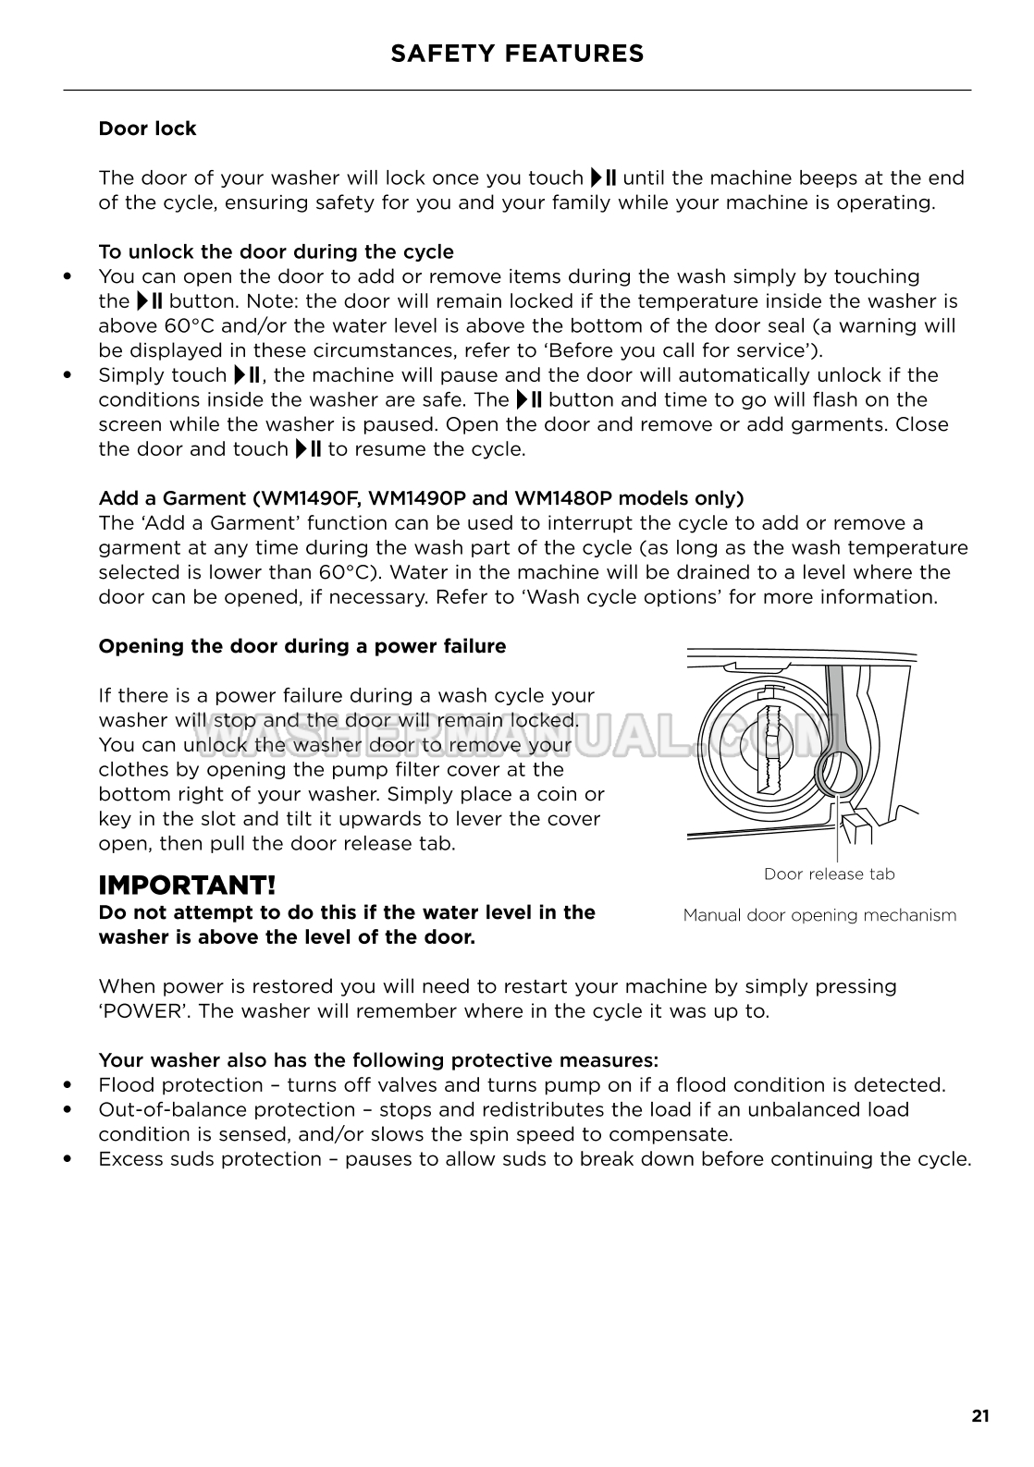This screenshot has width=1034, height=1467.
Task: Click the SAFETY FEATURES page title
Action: [517, 54]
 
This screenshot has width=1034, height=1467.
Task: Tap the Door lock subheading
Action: [147, 128]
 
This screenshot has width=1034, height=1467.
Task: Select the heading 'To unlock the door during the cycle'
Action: [276, 251]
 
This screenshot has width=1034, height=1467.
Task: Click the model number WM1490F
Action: [314, 498]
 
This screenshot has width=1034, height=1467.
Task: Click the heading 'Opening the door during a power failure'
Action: [302, 646]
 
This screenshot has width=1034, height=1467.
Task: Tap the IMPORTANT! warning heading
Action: [187, 885]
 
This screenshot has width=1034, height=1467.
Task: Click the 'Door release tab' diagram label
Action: [829, 874]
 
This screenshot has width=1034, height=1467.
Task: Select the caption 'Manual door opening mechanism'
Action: [819, 915]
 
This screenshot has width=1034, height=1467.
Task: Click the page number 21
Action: [980, 1415]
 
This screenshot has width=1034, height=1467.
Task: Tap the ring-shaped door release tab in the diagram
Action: [838, 770]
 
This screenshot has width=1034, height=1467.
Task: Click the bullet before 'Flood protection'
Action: [67, 1085]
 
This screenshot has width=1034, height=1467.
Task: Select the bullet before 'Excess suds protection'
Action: [67, 1159]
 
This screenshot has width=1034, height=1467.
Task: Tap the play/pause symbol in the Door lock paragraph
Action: [604, 177]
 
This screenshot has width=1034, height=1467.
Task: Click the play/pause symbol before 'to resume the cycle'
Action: [308, 449]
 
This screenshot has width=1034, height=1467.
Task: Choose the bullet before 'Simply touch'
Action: [67, 375]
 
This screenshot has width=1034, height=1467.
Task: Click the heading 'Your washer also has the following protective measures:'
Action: [378, 1059]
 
